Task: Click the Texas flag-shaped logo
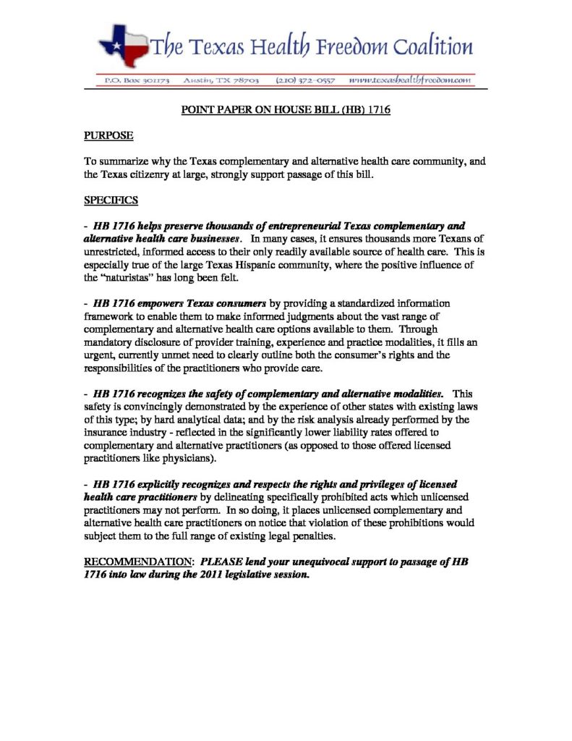pos(124,44)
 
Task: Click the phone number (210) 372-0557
pos(305,80)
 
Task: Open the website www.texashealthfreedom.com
pos(411,80)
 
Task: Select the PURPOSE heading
pos(109,135)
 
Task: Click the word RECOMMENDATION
pos(137,562)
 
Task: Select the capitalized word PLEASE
pos(221,562)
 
